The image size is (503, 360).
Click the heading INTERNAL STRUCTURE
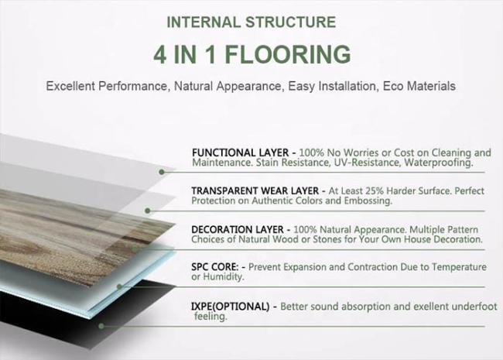251,22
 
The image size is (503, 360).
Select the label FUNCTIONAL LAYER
240,153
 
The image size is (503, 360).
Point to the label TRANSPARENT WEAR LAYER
255,191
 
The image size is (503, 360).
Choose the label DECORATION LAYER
238,229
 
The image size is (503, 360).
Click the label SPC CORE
215,267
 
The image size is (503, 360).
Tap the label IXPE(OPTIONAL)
231,307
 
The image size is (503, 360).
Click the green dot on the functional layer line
162,172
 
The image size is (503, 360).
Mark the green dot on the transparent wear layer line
148,211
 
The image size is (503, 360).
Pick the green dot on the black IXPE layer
101,326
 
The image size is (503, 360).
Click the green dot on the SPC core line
120,286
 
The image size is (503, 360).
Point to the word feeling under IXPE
210,317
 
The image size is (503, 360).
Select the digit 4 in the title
159,54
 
